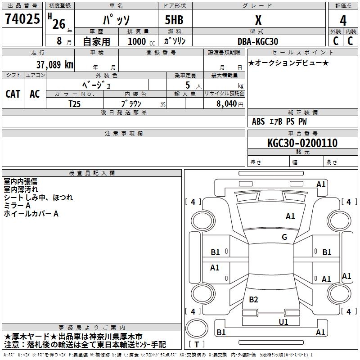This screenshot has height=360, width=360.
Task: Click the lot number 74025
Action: click(x=22, y=20)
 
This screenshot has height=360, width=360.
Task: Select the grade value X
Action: click(x=258, y=20)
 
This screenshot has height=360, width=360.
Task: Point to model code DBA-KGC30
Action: click(x=258, y=41)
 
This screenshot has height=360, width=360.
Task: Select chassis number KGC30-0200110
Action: click(x=302, y=144)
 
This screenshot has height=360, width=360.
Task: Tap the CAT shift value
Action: click(x=13, y=94)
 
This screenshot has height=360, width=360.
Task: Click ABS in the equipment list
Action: click(x=258, y=121)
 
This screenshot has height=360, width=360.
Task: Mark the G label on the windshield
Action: click(x=284, y=237)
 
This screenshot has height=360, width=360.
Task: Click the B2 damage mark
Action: click(x=253, y=300)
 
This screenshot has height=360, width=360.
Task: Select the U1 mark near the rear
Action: click(x=283, y=322)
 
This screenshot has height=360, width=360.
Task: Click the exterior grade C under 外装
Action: click(x=335, y=41)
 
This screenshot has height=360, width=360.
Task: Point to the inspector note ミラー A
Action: click(x=17, y=206)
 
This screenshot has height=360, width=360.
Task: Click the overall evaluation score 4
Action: click(x=343, y=20)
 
